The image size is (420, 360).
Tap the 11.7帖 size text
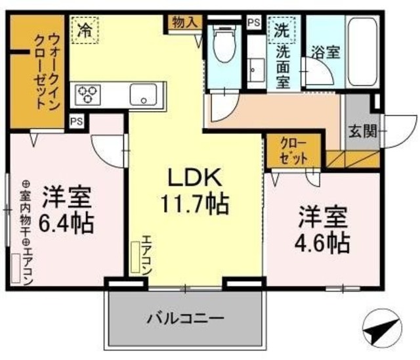[x=195, y=204]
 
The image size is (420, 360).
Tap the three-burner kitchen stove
[x=87, y=94]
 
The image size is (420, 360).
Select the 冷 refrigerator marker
[x=85, y=29]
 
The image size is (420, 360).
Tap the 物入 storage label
[x=184, y=22]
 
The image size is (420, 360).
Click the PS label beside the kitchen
[x=77, y=121]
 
